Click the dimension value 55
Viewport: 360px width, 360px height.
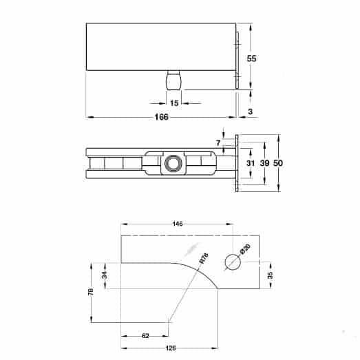[x=252, y=59]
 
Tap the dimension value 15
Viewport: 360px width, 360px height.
[x=174, y=103]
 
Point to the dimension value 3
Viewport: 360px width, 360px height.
[x=251, y=111]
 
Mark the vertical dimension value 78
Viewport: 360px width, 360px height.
[x=91, y=292]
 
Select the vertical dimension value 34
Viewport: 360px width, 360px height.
[x=105, y=275]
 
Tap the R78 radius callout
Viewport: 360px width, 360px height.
[x=202, y=258]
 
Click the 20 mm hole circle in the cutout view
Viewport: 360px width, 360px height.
[x=233, y=262]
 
